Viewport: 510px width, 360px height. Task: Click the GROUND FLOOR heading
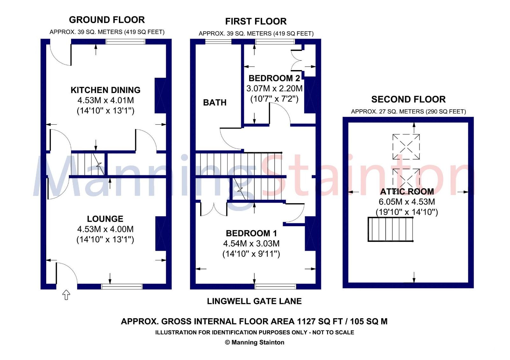point(107,20)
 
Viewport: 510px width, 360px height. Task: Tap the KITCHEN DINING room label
point(106,90)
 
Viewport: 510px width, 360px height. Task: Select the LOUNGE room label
point(105,219)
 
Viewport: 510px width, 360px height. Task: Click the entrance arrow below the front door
point(66,295)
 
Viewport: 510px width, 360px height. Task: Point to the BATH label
point(215,103)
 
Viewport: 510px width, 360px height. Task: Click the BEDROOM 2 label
point(274,78)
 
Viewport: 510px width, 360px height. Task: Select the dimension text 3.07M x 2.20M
point(274,89)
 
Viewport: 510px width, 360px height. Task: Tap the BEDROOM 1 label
point(251,233)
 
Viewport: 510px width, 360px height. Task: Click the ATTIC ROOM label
point(407,191)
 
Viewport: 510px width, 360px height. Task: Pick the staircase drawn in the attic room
point(390,229)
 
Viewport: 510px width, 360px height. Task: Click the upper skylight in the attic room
point(406,147)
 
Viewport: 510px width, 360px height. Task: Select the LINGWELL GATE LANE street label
point(254,301)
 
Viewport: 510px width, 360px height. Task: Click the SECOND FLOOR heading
point(408,99)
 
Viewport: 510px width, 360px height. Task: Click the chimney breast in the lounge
point(161,234)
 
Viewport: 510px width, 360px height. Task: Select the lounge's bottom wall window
point(122,286)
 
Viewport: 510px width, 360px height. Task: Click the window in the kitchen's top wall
point(126,41)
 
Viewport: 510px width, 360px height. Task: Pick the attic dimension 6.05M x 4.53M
point(407,202)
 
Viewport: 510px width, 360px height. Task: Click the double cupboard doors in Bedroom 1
point(214,209)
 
